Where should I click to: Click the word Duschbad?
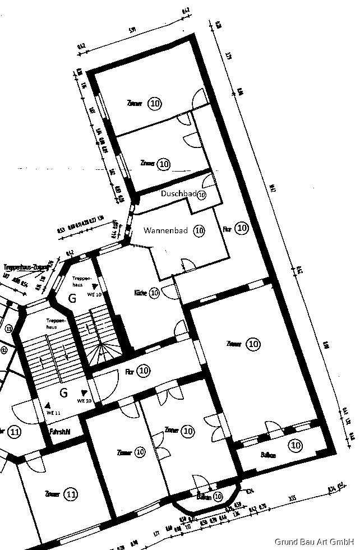[x=178, y=193]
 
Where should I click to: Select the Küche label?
[x=140, y=293]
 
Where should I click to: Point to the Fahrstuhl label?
[x=59, y=432]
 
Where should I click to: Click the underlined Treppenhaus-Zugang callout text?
[x=25, y=267]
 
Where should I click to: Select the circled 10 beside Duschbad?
[x=202, y=195]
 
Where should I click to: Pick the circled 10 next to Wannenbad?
[x=199, y=230]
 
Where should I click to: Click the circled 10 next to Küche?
[x=155, y=293]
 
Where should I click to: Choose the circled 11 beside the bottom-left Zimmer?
[x=71, y=494]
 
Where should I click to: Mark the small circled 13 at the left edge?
[x=8, y=329]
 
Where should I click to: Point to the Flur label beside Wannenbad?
[x=227, y=229]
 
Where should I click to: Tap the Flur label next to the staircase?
[x=129, y=371]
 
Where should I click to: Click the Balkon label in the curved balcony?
[x=203, y=497]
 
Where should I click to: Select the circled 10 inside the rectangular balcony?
[x=295, y=446]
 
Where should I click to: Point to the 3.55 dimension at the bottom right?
[x=292, y=497]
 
